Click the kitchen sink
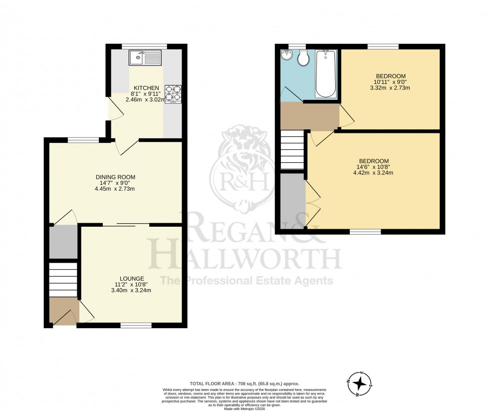145,57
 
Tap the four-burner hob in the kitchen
173,94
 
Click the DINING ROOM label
115,177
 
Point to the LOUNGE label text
132,279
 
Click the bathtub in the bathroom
327,74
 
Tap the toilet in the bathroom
302,58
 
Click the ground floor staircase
63,280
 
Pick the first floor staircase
292,150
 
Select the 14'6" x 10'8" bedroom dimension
373,167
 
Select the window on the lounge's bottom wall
136,326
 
